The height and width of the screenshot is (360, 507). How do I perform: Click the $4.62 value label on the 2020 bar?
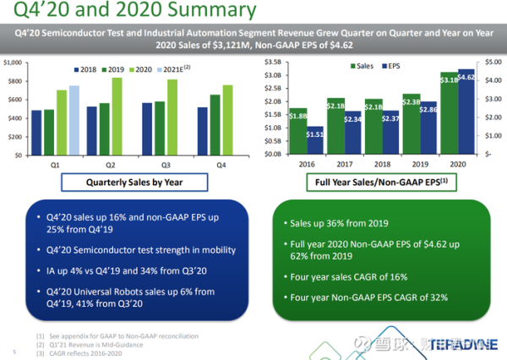466,77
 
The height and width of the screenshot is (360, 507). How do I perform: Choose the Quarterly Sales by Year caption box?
135,182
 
